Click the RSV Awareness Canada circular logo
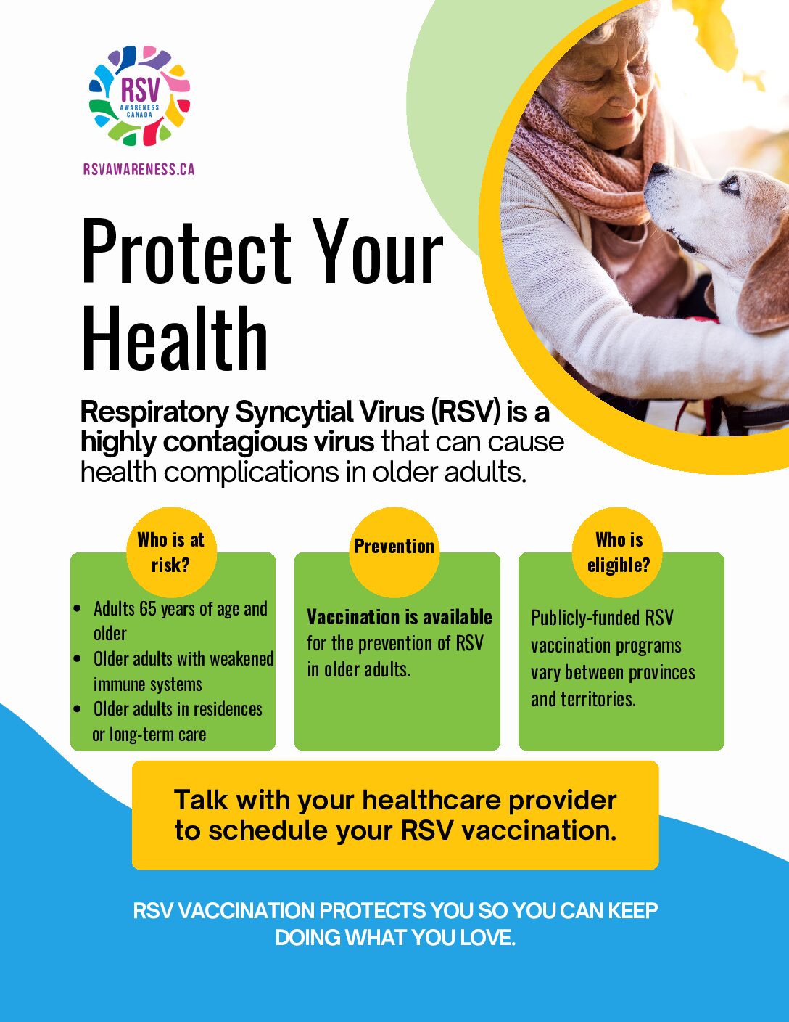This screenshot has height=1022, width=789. (139, 96)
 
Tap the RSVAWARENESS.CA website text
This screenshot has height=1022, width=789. (139, 169)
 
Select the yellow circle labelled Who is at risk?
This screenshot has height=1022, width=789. (172, 552)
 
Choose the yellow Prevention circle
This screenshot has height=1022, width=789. (394, 552)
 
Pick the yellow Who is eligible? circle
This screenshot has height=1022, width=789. (617, 552)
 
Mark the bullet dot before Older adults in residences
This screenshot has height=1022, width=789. (78, 708)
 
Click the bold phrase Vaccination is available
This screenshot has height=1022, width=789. (400, 617)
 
